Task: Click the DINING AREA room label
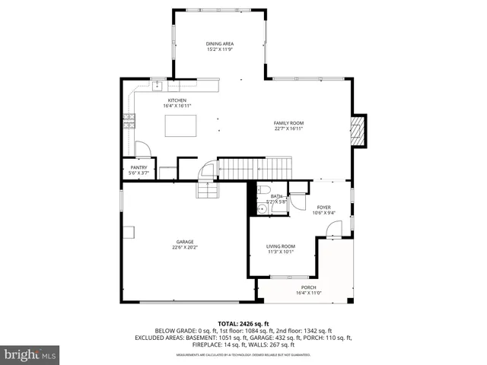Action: [x=219, y=44]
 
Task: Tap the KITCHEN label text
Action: [x=177, y=100]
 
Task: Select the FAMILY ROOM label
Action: [x=288, y=123]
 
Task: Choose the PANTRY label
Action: [x=138, y=167]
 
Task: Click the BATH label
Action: [x=275, y=196]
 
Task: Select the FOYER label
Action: [x=323, y=207]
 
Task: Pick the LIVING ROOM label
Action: [x=281, y=246]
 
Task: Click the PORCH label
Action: [x=308, y=287]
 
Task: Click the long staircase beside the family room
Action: [x=255, y=167]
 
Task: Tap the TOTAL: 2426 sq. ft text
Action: [x=243, y=323]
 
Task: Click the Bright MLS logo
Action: [x=30, y=354]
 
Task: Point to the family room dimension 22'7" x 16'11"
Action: [x=288, y=129]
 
